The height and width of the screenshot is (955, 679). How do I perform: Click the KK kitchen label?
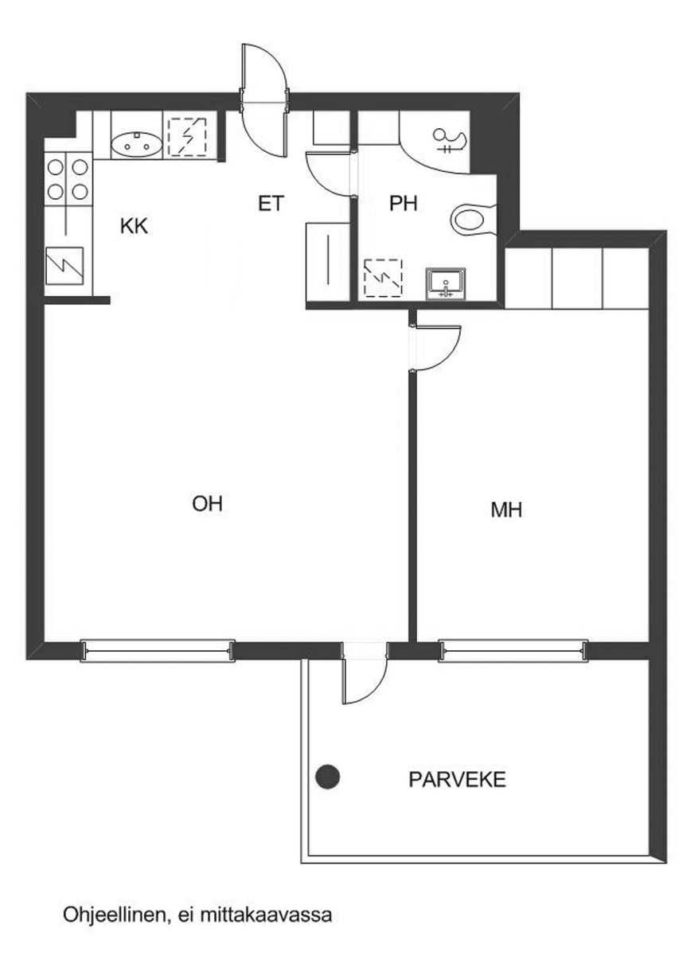pos(134,226)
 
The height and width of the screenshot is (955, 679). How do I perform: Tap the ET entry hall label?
pos(271,204)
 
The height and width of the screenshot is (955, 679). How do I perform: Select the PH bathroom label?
pos(403,204)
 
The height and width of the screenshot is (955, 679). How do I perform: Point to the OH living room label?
pos(207,504)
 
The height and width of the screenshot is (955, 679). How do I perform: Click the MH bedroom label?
pos(506,509)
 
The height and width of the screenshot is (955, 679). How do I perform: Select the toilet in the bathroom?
pos(474,220)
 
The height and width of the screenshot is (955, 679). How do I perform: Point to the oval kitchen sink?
pos(136,146)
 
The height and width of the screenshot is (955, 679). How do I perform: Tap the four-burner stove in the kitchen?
pos(68,179)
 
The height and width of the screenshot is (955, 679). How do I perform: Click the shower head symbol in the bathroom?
pos(451,141)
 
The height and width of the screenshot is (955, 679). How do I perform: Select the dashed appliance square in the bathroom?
pos(383,278)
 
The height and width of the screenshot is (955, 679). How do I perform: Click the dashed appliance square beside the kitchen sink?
pos(187,137)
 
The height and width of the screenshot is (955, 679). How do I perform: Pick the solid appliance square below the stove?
pos(64,266)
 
